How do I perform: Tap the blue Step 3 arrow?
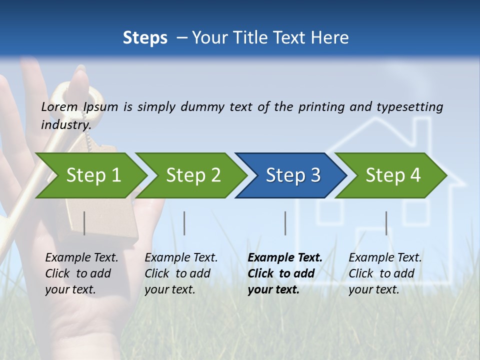coord(293,175)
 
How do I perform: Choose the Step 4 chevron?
coord(393,175)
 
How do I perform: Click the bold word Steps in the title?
coord(145,37)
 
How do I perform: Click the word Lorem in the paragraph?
coord(59,106)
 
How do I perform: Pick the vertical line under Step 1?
coord(84,223)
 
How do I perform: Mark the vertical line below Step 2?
coord(184,223)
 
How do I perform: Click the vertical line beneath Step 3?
coord(285,223)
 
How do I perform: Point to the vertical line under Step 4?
coord(386,223)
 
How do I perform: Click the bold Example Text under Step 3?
coord(285,258)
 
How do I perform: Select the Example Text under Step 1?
coord(81,258)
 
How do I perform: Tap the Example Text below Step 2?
coord(181,258)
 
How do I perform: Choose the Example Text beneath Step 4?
coord(385,258)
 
